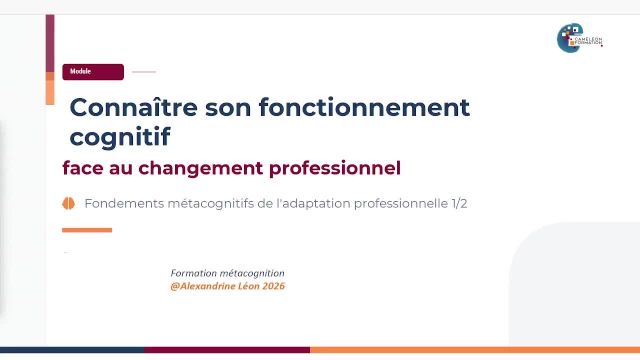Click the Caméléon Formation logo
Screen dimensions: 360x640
(x=579, y=38)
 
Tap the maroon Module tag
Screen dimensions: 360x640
(x=93, y=72)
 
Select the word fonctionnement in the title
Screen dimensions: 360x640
(x=364, y=107)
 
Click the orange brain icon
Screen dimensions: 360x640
(x=69, y=203)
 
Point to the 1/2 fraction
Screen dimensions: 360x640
(x=458, y=203)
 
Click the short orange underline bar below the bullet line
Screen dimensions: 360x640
(x=87, y=230)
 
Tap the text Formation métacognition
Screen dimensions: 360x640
(x=228, y=273)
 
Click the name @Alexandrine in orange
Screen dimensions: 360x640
(x=206, y=285)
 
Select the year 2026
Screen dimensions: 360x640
(x=272, y=285)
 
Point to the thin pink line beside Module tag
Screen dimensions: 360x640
(x=144, y=72)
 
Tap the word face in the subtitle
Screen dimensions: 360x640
(x=79, y=167)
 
